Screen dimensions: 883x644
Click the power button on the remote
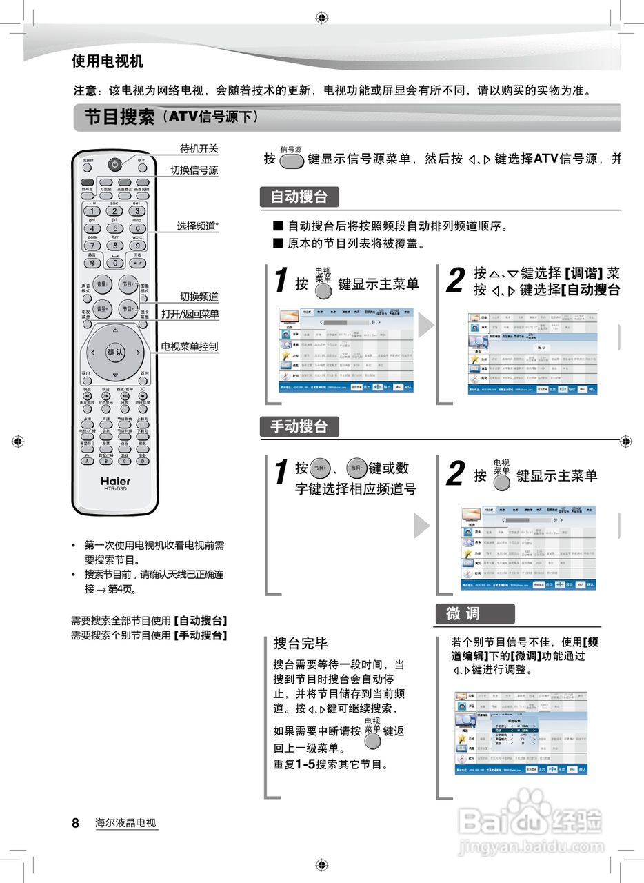tap(114, 164)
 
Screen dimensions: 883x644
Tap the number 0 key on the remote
tap(114, 262)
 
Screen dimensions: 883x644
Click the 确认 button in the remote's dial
tap(115, 352)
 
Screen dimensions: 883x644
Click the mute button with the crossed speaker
tap(92, 262)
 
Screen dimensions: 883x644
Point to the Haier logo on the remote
tap(115, 481)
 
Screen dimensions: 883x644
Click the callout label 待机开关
tap(199, 148)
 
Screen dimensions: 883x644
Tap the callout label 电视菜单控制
tap(190, 346)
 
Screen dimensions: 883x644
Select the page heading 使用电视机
tap(108, 61)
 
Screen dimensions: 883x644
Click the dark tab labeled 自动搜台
tap(299, 197)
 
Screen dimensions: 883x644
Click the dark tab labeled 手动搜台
tap(299, 427)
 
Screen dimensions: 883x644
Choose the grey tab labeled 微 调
tap(474, 614)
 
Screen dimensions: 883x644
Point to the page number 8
tap(76, 822)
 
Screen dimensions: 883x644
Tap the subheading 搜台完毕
tap(301, 644)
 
